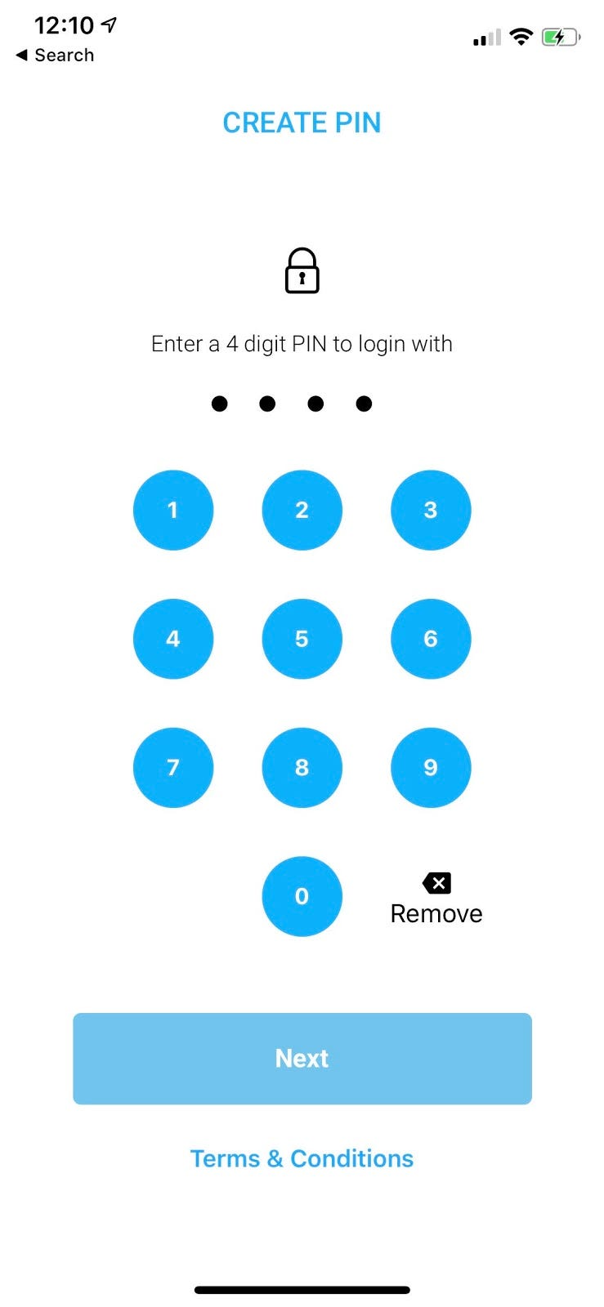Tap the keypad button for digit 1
(x=173, y=510)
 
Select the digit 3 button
(x=431, y=510)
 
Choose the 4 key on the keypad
(x=173, y=639)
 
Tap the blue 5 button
(x=302, y=639)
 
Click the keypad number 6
(x=431, y=639)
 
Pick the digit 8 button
(x=302, y=767)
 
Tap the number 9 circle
(x=431, y=767)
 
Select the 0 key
(x=302, y=896)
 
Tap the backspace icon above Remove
(x=437, y=883)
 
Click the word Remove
(x=436, y=913)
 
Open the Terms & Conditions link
(x=302, y=1158)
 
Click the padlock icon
(x=302, y=271)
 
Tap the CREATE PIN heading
(x=302, y=123)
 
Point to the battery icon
(x=561, y=37)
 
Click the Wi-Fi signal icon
(x=521, y=37)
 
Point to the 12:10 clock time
(x=65, y=25)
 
